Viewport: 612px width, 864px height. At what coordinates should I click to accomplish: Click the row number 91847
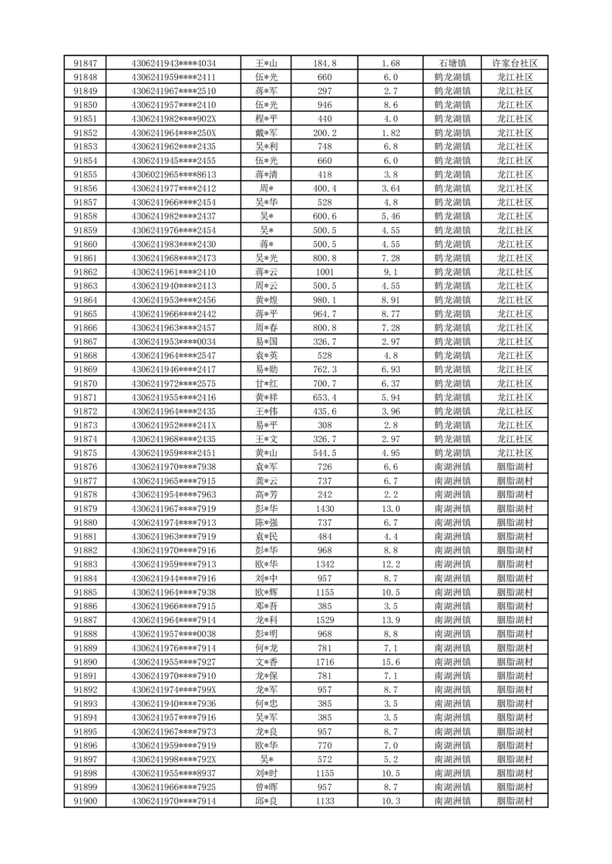coord(86,63)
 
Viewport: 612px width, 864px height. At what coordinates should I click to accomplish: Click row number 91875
coord(86,453)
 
